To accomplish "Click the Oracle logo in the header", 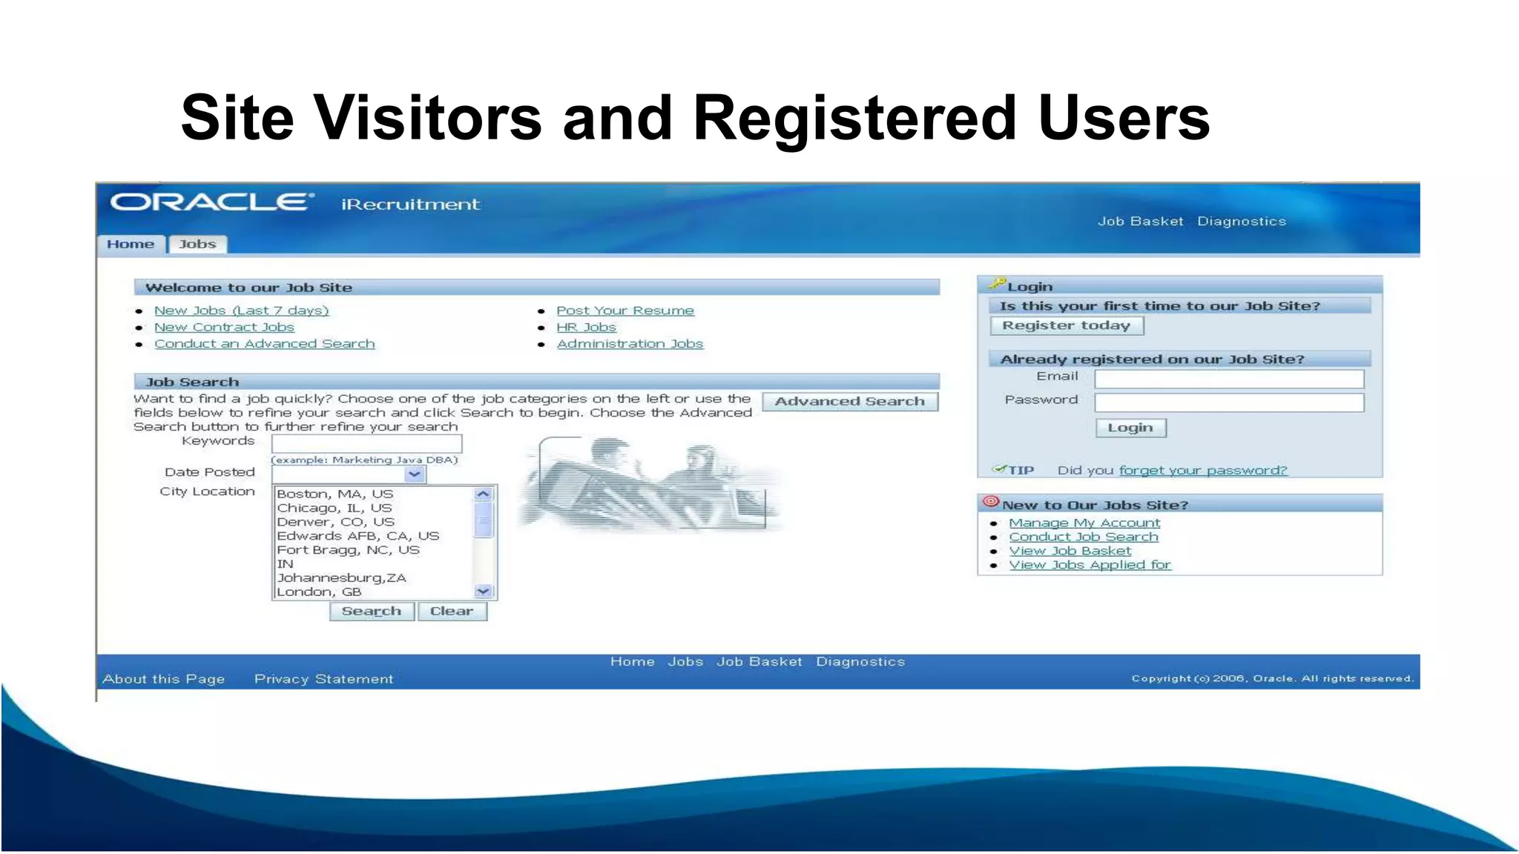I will click(211, 202).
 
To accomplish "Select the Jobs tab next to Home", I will click(197, 244).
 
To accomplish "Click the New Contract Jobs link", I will click(224, 327).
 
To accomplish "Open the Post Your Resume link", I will click(625, 311).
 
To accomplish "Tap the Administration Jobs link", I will click(629, 343).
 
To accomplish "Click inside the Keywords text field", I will click(366, 443).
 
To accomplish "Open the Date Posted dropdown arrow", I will click(415, 474).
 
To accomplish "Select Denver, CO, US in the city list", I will click(335, 522).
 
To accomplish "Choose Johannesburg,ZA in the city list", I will click(341, 577).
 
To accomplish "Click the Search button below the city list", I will click(371, 611).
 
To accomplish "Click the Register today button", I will click(1066, 325).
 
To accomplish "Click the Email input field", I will click(1228, 379).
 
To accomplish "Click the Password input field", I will click(1228, 403).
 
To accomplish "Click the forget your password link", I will click(1202, 470).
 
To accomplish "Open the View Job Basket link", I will click(1070, 551).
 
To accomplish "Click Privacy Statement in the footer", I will click(323, 678).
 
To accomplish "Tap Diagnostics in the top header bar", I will click(1241, 221).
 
